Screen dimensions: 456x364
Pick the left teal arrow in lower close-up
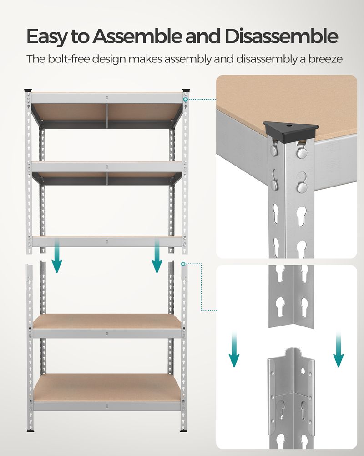234,349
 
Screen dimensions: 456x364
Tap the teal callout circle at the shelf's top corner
185,99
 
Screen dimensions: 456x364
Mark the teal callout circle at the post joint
183,264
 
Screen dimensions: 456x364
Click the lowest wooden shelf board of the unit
106,387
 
